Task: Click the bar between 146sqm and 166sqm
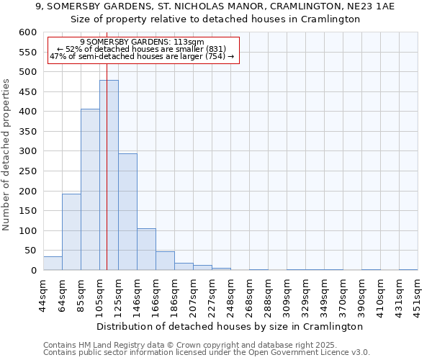(x=146, y=249)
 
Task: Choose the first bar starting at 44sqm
(x=53, y=264)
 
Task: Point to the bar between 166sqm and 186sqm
(x=165, y=261)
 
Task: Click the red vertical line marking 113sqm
(x=107, y=144)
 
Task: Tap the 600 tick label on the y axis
(x=27, y=32)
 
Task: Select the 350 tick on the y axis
(x=27, y=132)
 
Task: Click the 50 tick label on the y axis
(x=30, y=251)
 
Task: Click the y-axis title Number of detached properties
(x=7, y=155)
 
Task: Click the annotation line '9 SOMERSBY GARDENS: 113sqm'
(x=142, y=42)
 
